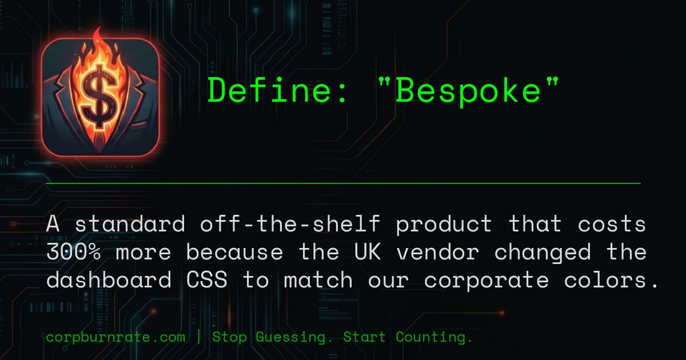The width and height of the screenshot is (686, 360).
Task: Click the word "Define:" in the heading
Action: [x=278, y=90]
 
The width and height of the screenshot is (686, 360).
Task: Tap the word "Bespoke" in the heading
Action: [x=468, y=90]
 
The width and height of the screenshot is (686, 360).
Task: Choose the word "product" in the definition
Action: [x=444, y=224]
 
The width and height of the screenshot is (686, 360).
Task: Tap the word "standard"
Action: [x=130, y=224]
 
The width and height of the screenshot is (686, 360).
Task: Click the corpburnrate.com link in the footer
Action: [x=115, y=337]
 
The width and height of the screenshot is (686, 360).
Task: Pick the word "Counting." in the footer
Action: [x=434, y=337]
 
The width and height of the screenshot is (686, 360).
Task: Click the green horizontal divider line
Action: [x=343, y=183]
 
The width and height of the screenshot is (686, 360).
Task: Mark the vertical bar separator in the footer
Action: [x=198, y=337]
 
